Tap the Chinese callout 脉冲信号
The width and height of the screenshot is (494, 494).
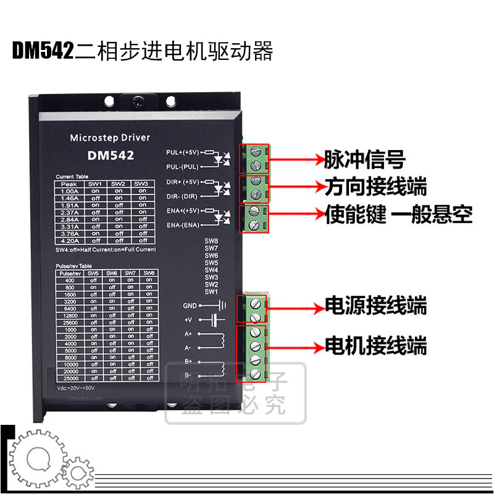click(x=364, y=160)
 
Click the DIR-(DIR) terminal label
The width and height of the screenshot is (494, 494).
click(x=183, y=196)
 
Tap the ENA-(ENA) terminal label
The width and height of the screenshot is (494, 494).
click(x=183, y=225)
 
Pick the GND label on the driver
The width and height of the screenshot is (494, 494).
click(x=189, y=306)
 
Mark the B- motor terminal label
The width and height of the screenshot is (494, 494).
click(x=188, y=375)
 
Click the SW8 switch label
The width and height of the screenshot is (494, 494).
click(x=211, y=241)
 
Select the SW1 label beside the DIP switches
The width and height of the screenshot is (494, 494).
click(x=211, y=291)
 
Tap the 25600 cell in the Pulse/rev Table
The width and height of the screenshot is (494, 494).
click(x=69, y=322)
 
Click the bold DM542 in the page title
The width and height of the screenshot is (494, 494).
click(x=43, y=51)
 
